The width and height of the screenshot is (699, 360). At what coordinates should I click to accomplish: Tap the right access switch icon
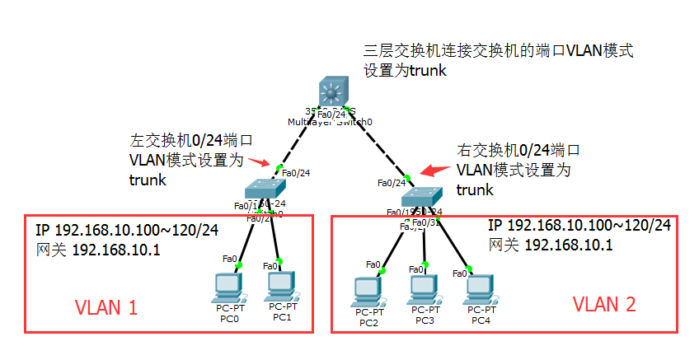(x=423, y=196)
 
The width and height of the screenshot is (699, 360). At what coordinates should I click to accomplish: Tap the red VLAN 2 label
(x=604, y=304)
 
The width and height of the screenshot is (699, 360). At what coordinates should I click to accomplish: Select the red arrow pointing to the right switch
(x=431, y=170)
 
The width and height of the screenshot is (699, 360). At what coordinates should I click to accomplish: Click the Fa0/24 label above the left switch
(x=296, y=173)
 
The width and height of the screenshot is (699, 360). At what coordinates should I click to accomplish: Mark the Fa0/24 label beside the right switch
(x=392, y=183)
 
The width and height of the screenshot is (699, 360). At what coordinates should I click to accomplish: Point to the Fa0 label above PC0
(x=230, y=259)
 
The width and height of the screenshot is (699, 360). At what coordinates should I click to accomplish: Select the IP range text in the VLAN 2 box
(x=579, y=226)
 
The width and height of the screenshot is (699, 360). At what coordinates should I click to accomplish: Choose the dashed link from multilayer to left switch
(x=300, y=141)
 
